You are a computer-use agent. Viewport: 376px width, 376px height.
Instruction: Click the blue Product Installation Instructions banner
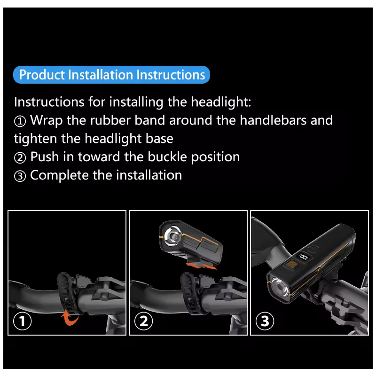pos(112,75)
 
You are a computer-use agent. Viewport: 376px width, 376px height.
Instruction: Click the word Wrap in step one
pos(47,120)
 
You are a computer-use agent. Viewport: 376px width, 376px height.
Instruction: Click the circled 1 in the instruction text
pos(20,121)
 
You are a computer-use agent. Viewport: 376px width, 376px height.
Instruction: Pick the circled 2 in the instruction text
pos(20,157)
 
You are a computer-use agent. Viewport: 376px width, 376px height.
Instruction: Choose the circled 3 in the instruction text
pos(20,176)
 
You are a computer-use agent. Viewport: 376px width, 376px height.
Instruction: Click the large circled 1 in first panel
pos(22,321)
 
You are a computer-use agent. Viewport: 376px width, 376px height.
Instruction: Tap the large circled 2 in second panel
pos(143,321)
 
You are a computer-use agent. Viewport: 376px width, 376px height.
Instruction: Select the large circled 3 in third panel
pos(265,321)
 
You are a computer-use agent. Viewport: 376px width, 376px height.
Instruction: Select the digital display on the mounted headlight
pos(299,258)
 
